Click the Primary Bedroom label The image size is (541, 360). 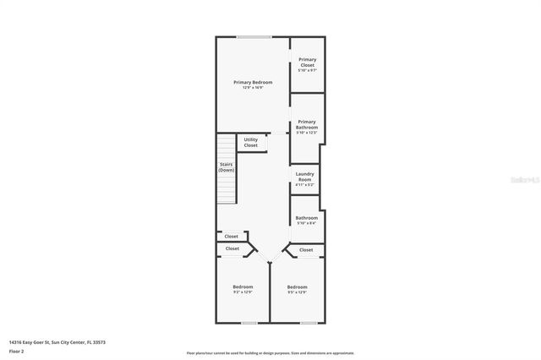pos(253,82)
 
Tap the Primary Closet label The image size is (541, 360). pos(307,62)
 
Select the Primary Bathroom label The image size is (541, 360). pos(307,124)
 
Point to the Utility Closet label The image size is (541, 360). pos(251,142)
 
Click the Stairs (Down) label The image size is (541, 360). pos(227,167)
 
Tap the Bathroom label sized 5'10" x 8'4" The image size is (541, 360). pos(306,218)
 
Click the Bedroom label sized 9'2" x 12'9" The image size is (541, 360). pos(243,286)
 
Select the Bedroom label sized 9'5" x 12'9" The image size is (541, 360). pos(297,286)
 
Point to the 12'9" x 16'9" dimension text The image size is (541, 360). pos(253,88)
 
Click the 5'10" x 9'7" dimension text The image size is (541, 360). pos(307,70)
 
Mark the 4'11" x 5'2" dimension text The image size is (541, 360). pos(304,184)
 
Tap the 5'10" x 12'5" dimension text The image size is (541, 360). pos(307,133)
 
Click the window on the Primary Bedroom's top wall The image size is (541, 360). pos(254,36)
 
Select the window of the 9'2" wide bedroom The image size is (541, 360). pos(248,322)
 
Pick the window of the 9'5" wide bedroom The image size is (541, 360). pos(309,322)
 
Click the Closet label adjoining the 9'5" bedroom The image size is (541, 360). pos(306,249)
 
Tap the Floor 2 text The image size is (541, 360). pos(18,351)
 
